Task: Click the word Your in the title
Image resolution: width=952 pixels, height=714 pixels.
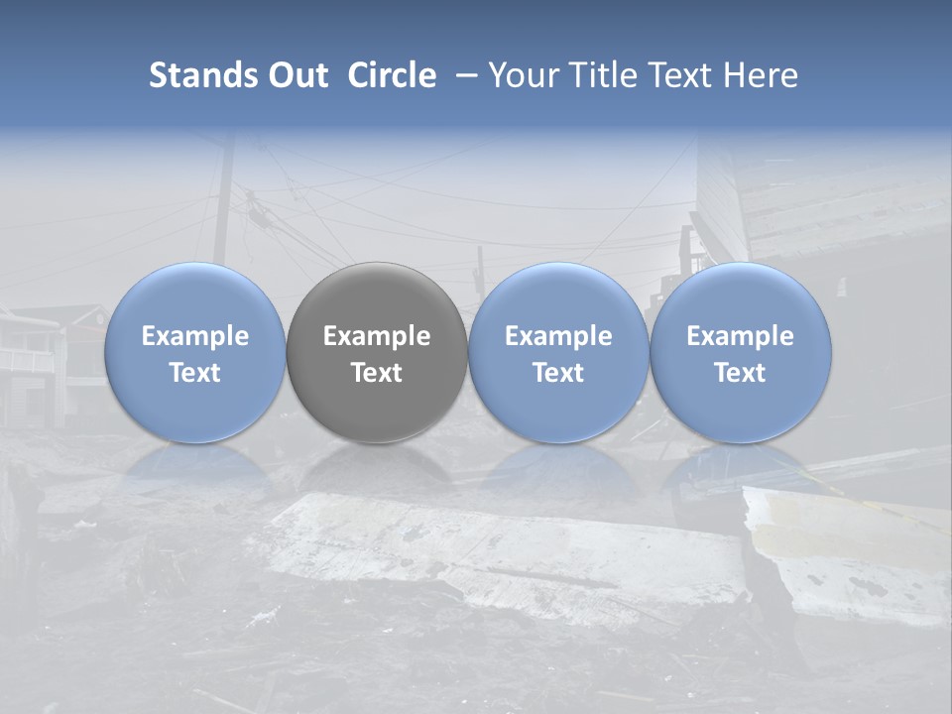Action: click(x=523, y=75)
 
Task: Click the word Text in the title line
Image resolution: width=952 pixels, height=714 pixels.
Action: click(x=679, y=75)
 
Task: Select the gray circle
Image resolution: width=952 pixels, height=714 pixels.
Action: click(x=377, y=352)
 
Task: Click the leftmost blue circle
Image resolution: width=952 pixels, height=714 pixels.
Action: click(x=195, y=352)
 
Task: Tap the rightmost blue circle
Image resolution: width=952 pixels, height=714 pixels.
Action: click(x=741, y=352)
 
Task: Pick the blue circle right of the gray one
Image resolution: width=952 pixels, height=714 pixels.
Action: click(x=558, y=352)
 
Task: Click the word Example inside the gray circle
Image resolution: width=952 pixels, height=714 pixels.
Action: click(x=377, y=336)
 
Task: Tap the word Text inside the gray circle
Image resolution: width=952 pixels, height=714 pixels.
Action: click(x=377, y=373)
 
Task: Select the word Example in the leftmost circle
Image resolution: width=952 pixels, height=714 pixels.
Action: click(x=195, y=336)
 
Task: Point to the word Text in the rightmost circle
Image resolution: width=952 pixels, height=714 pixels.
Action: click(x=741, y=373)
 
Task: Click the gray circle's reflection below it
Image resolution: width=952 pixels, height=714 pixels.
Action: click(x=377, y=466)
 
